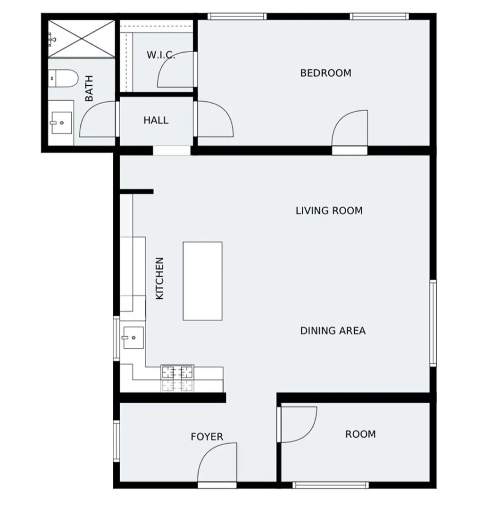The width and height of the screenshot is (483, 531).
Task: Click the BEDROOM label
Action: (x=325, y=73)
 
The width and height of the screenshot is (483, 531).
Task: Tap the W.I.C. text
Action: (x=160, y=55)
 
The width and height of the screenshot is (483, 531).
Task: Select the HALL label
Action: (x=156, y=121)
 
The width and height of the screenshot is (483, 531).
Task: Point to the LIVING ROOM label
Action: (x=329, y=211)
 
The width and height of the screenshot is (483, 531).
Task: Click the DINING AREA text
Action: (x=333, y=331)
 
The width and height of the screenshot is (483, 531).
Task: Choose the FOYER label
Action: (x=207, y=437)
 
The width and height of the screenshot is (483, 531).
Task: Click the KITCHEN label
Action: (x=160, y=278)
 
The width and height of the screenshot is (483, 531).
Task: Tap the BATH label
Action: (x=89, y=89)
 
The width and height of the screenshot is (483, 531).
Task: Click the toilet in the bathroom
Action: (x=63, y=78)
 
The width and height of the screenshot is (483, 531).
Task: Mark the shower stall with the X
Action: (x=82, y=39)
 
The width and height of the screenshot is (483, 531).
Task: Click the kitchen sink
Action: (x=133, y=337)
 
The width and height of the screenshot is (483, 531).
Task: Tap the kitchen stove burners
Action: (x=177, y=378)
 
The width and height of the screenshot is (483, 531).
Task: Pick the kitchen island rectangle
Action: (x=202, y=281)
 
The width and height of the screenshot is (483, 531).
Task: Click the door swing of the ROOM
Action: (x=297, y=424)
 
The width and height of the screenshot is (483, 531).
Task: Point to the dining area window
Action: (x=433, y=323)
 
